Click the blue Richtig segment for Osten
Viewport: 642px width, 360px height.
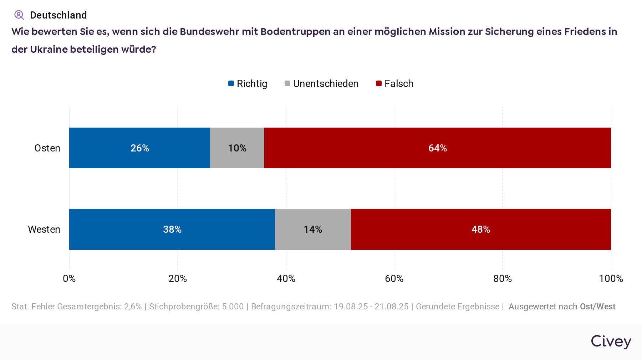click(x=139, y=148)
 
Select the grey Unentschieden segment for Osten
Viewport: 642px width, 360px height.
click(x=237, y=148)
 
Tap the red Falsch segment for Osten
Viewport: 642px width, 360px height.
click(x=437, y=148)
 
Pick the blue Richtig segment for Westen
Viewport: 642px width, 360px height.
click(x=172, y=229)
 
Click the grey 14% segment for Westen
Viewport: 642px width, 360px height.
click(x=313, y=229)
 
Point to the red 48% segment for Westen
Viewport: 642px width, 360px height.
click(x=481, y=229)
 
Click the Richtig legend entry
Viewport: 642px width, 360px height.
click(x=248, y=84)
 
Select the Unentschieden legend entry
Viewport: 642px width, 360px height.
click(x=322, y=84)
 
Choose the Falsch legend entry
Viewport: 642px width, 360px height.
click(x=395, y=84)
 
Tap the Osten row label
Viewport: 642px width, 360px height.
click(x=47, y=148)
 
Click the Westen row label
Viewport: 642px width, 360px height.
click(x=44, y=229)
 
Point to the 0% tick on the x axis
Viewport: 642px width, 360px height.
click(x=69, y=278)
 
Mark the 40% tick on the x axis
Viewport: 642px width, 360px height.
click(x=286, y=278)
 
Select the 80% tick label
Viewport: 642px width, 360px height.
click(x=503, y=278)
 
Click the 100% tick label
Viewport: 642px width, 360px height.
click(x=611, y=278)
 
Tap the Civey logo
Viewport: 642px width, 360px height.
click(x=611, y=341)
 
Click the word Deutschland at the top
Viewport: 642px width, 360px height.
click(x=58, y=15)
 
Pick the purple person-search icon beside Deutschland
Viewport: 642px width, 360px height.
click(x=19, y=15)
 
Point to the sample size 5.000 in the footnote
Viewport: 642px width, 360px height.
click(x=233, y=307)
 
